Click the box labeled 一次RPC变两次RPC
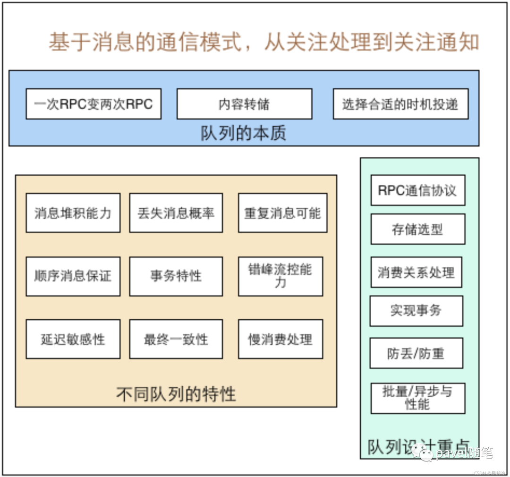point(93,104)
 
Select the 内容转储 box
point(244,104)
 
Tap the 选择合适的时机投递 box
point(400,104)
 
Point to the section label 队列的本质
point(243,134)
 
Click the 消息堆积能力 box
point(73,213)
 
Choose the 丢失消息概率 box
point(176,213)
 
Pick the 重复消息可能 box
point(282,213)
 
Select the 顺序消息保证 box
point(73,276)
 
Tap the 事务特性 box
point(176,276)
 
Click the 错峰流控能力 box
point(280,276)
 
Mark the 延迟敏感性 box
point(73,339)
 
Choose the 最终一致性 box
point(176,339)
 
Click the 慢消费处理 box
point(280,339)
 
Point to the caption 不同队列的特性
point(176,393)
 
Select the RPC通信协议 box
point(417,190)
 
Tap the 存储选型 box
point(417,229)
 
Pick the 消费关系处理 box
point(416,273)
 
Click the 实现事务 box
point(416,311)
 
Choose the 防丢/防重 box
point(416,353)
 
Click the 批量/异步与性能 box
point(417,398)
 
